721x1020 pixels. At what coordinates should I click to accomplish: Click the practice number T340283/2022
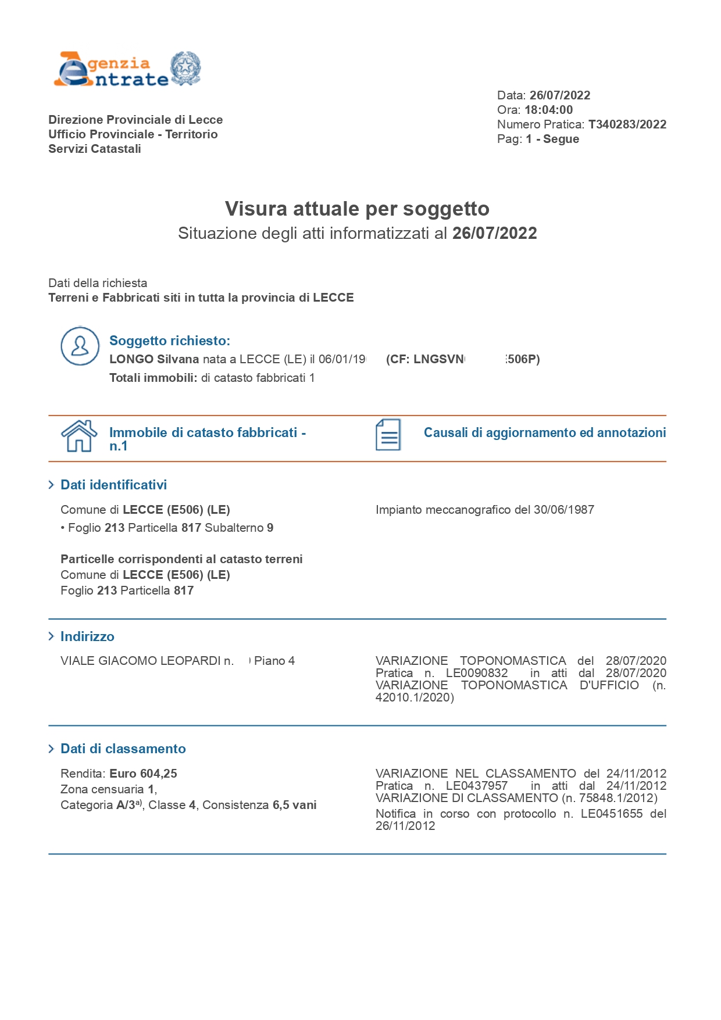627,124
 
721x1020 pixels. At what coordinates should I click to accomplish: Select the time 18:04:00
548,110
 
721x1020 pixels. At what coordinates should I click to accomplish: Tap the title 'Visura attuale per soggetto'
357,209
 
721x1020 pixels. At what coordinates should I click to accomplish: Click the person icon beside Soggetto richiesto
80,346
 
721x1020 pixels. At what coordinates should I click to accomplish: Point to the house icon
79,436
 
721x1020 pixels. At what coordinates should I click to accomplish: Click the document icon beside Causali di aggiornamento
388,435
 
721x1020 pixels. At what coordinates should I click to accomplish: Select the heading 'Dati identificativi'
113,485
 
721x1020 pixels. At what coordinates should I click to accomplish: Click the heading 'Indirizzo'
87,636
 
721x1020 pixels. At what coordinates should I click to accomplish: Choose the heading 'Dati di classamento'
123,749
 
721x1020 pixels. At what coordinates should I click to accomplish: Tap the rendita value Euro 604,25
143,774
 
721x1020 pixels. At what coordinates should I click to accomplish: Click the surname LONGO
131,359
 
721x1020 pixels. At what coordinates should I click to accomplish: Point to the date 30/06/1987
563,510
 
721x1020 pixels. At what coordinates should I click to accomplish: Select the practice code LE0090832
476,673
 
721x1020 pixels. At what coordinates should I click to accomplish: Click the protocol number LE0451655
611,814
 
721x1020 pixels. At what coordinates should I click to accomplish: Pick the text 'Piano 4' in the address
274,661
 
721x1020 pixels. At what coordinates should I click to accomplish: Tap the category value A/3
126,805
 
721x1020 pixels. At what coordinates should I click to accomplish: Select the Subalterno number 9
270,528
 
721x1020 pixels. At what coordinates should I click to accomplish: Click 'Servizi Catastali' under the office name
95,149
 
